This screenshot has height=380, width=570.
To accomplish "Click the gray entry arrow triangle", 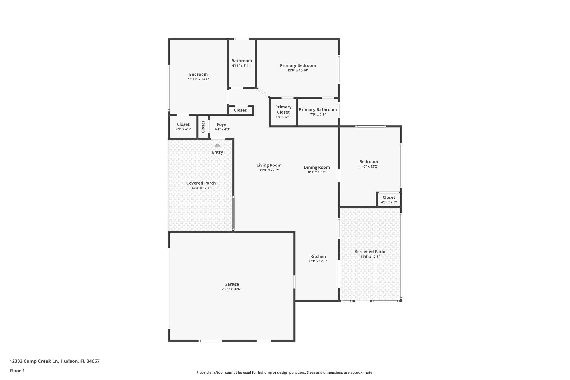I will tap(217, 145).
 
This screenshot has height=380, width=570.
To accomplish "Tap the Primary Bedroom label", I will tap(298, 65).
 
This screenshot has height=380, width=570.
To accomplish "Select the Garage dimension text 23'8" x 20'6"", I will tap(231, 289).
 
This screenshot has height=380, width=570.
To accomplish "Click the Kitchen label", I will tap(318, 256).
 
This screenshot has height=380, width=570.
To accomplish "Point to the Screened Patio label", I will tap(370, 252).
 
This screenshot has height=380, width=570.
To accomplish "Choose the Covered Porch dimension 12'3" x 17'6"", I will tap(201, 188).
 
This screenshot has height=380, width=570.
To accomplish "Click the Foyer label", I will tap(222, 124).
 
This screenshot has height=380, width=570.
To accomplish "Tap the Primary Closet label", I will tap(283, 109).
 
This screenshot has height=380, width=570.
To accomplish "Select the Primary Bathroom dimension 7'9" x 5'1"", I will tap(318, 114).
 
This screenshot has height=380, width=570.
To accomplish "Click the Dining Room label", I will tap(317, 167).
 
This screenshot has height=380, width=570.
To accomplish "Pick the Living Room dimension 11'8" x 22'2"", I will tap(269, 170).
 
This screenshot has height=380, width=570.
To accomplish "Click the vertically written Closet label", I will tap(203, 127).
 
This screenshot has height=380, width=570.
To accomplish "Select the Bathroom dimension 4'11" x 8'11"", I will tap(242, 66).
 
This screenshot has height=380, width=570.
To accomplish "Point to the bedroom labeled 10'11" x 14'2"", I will tap(198, 74).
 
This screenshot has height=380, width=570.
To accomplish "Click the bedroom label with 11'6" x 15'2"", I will tap(368, 161).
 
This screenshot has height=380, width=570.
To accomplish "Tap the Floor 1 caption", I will tap(17, 371).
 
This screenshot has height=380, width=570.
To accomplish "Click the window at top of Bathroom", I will tap(241, 39).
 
